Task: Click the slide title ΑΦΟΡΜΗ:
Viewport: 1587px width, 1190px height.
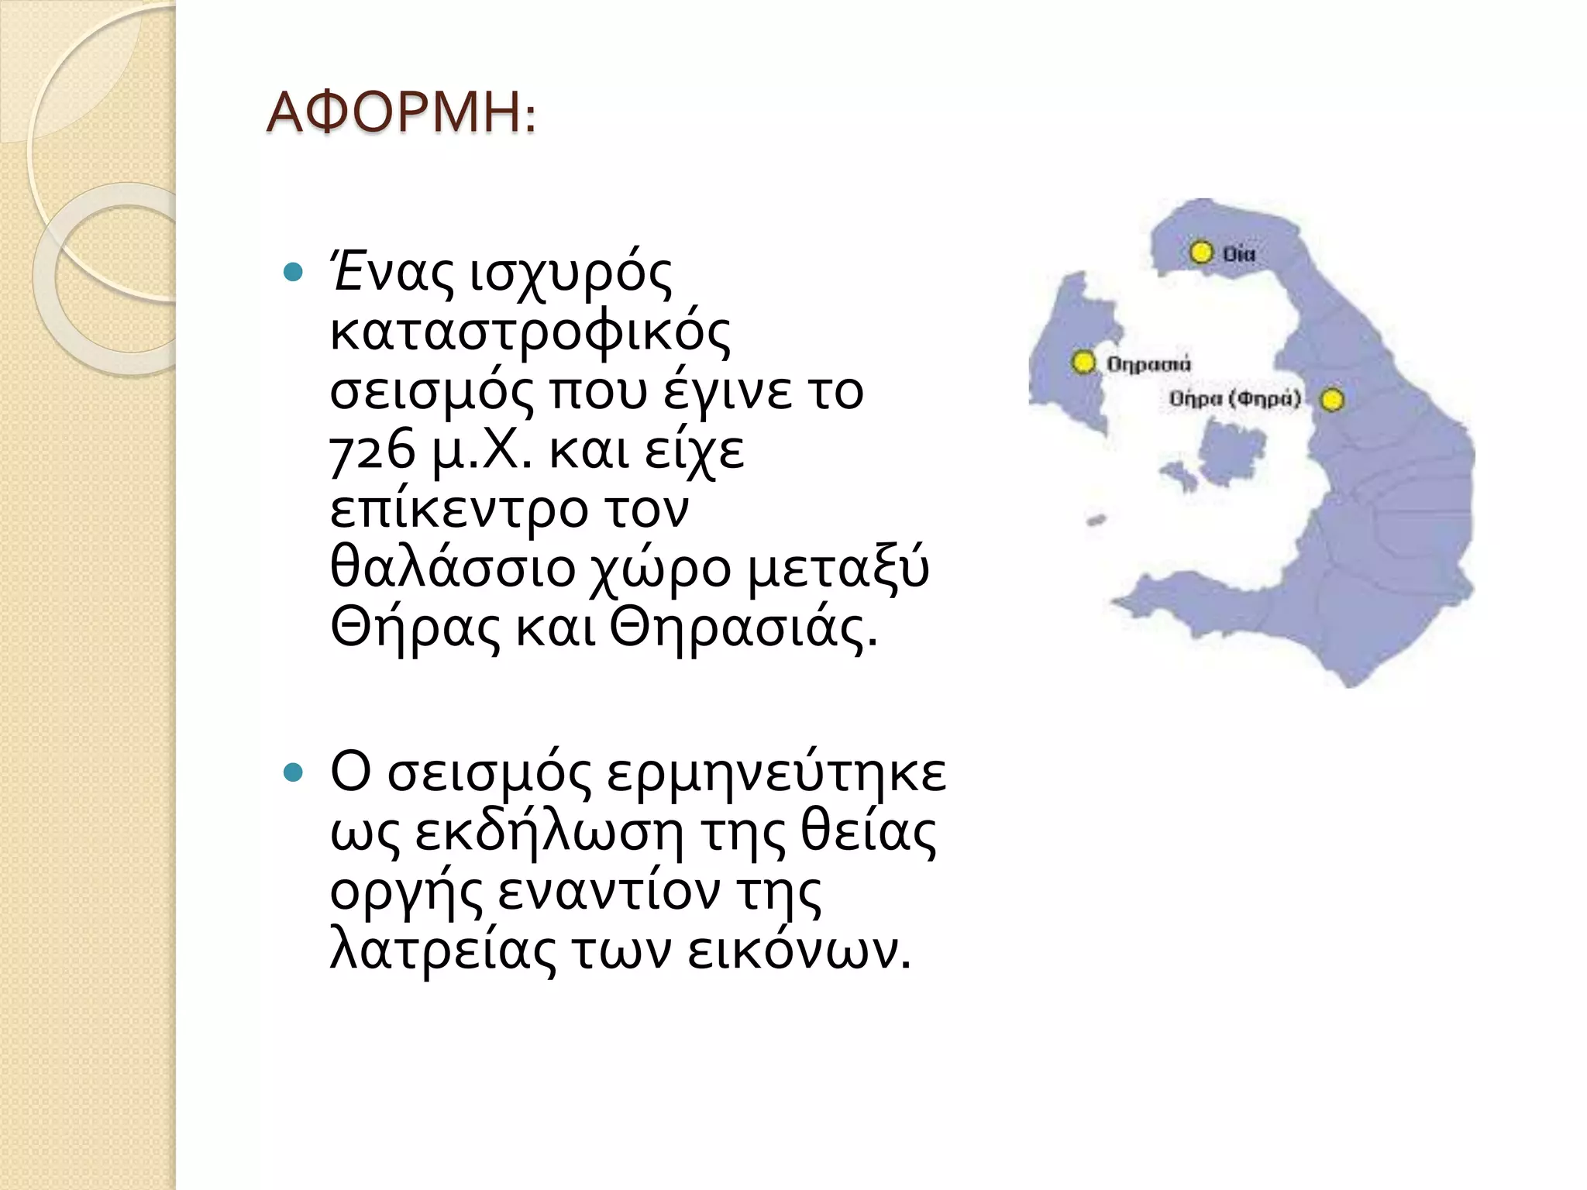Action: click(400, 114)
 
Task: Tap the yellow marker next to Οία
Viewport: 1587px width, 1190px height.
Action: click(1201, 253)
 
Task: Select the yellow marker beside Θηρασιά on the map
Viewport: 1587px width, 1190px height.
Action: click(1083, 362)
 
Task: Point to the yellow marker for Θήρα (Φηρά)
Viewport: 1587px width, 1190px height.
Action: click(1332, 400)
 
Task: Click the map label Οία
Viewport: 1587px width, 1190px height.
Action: click(1240, 253)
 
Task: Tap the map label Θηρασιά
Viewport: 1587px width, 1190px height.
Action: click(1148, 363)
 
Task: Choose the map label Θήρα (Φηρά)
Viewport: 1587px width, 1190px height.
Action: click(1234, 399)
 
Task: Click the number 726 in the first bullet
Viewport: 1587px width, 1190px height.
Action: click(373, 451)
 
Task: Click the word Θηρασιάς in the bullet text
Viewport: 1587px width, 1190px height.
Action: click(744, 628)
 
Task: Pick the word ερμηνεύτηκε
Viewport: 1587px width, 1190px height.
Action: click(776, 773)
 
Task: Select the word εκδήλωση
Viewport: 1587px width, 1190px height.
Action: click(549, 832)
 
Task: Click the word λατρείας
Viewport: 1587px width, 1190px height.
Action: click(442, 951)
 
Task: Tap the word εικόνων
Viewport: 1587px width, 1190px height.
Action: click(798, 951)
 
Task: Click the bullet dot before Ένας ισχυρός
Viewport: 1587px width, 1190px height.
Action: click(293, 273)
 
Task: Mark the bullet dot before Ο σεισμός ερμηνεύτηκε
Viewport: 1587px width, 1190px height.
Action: click(293, 772)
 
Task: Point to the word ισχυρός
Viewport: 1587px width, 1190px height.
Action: click(571, 274)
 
